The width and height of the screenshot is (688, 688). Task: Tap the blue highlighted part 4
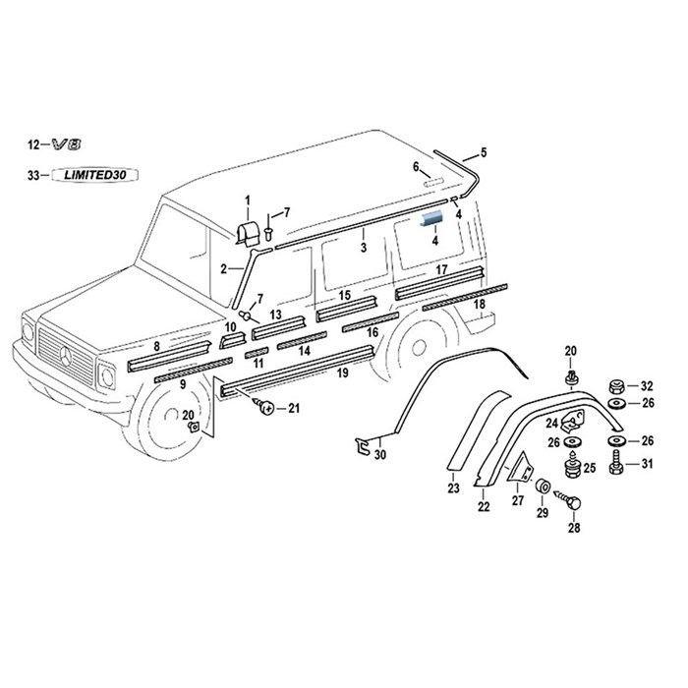click(x=433, y=219)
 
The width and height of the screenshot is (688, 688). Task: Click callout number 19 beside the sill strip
click(x=343, y=373)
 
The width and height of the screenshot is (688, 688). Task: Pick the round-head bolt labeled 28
click(x=574, y=503)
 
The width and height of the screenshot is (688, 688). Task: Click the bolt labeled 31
click(x=616, y=462)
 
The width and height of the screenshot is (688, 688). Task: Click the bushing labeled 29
click(x=542, y=487)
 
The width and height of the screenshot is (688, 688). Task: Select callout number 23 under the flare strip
click(x=453, y=487)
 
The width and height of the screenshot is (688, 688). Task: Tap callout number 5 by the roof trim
click(x=483, y=152)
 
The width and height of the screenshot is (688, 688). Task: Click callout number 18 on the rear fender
click(x=480, y=305)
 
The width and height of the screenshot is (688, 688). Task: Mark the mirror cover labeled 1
click(x=249, y=232)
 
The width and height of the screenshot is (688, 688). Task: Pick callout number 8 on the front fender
click(x=157, y=346)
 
